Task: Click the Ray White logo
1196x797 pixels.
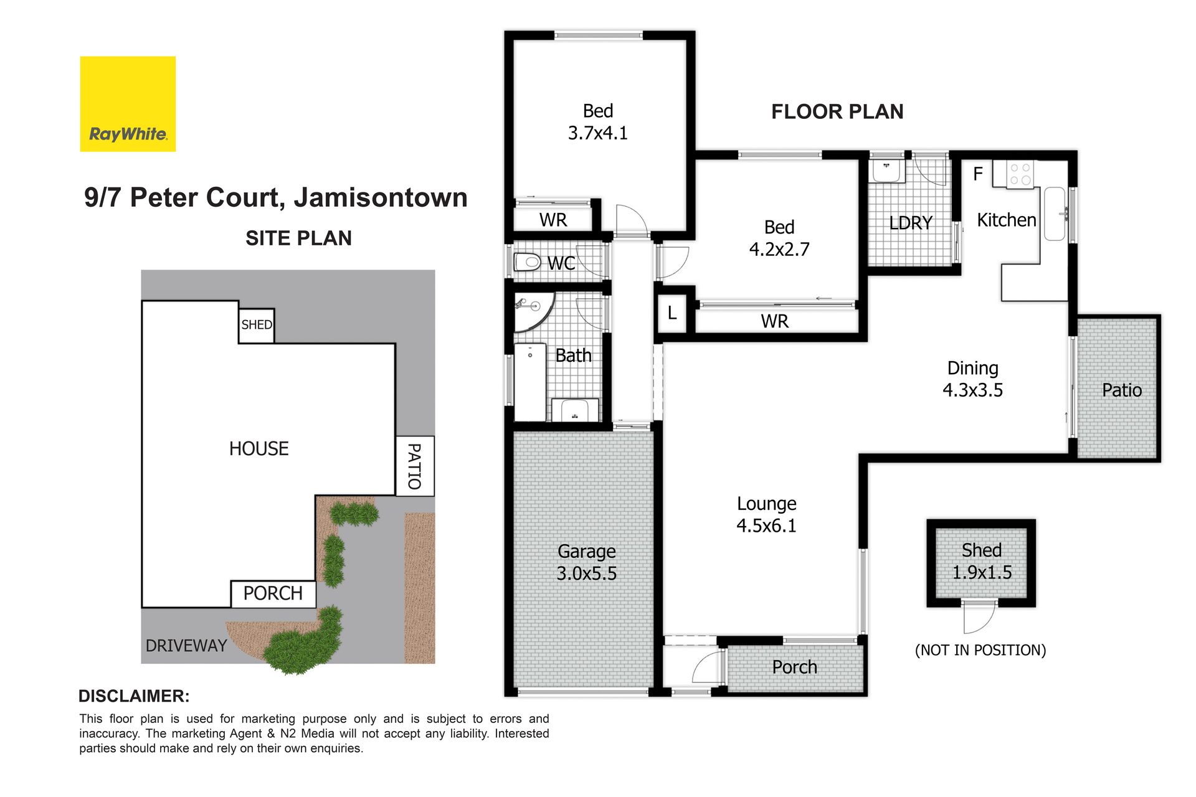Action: pos(128,104)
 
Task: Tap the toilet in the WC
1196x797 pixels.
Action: pos(527,262)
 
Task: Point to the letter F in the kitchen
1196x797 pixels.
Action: pos(978,174)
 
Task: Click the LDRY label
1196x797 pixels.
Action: pos(911,223)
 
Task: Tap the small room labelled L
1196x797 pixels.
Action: pos(673,313)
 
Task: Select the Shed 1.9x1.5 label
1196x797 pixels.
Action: pos(982,561)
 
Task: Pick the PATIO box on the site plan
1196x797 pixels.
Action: pos(415,466)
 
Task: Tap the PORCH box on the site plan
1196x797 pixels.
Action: pos(273,594)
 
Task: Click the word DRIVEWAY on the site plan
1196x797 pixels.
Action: pos(186,646)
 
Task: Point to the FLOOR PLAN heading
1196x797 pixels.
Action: pos(837,112)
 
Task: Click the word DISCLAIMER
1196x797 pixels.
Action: pos(134,696)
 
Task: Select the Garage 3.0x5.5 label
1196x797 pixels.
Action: pos(587,562)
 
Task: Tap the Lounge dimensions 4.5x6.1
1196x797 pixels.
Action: pos(766,526)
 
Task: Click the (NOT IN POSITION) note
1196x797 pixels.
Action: pos(980,650)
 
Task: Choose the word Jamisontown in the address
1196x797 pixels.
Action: pos(381,197)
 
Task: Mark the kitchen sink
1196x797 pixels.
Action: pos(1055,214)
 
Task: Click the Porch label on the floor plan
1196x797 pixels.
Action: pos(794,667)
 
